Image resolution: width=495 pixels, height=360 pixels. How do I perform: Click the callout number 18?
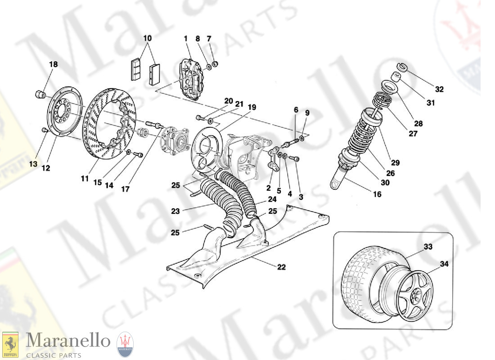coord(53,64)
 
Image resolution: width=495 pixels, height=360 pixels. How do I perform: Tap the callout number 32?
coord(439,89)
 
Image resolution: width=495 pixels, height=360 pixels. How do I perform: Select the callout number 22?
coord(281,267)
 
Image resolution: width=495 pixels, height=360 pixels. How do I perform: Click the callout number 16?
coord(377,194)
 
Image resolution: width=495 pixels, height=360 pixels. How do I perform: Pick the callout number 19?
coord(252,107)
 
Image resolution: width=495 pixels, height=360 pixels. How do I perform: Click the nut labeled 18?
coord(40,94)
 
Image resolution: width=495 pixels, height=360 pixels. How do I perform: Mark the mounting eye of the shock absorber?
coord(336,184)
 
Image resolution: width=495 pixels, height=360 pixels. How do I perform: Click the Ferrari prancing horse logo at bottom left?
coord(10,345)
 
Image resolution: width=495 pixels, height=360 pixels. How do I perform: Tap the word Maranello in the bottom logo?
coord(68,342)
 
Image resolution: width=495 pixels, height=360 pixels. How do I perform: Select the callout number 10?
coord(147,39)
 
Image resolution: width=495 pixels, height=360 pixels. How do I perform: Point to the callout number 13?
coord(33,164)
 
